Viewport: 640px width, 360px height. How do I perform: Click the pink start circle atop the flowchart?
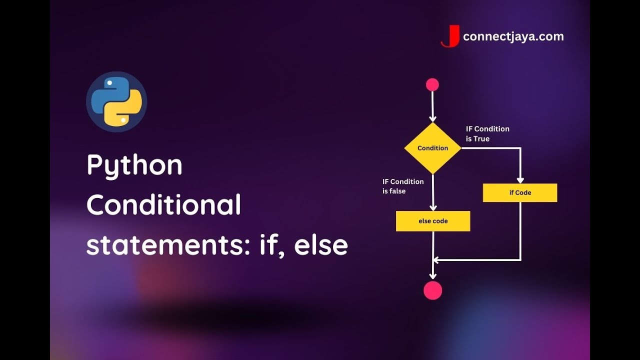point(432,85)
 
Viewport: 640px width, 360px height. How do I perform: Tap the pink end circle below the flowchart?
point(433,290)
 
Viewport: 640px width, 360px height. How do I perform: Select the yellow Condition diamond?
point(433,148)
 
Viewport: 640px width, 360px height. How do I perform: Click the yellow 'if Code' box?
point(520,192)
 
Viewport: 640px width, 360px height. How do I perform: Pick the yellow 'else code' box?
point(433,221)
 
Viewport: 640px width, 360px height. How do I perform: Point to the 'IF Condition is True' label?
point(487,133)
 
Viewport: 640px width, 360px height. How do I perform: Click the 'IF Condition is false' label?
point(403,186)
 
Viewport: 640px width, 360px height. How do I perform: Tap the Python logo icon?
point(116,101)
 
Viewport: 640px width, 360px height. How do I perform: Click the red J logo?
point(450,36)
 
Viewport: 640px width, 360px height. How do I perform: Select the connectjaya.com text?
point(513,37)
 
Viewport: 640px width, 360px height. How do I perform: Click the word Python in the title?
point(134,166)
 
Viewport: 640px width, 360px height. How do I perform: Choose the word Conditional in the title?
point(163,204)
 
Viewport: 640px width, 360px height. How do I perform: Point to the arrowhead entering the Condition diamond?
point(433,118)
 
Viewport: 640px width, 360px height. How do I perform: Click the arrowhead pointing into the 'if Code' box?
point(520,180)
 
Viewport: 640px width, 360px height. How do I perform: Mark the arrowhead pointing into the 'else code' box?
point(433,207)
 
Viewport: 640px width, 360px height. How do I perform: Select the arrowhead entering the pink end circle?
point(433,276)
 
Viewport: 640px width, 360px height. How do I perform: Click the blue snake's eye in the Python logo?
point(109,83)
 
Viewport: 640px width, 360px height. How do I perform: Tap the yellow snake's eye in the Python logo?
point(123,120)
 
